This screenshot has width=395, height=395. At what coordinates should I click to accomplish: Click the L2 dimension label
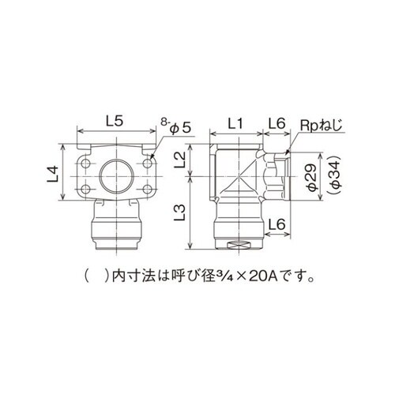tap(180, 161)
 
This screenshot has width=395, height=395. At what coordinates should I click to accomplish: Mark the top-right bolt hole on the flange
tap(147, 164)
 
